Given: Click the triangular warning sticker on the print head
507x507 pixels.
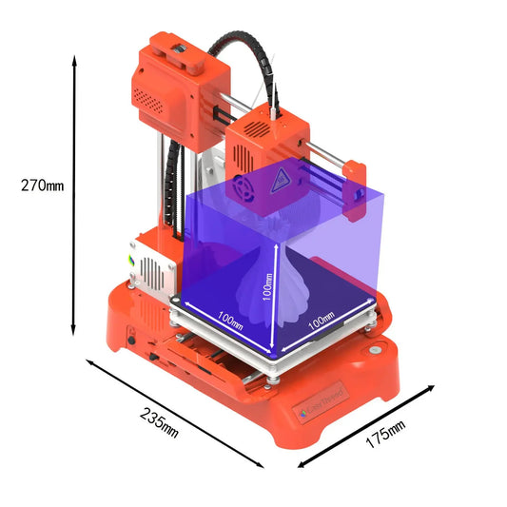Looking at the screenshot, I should point(281,174).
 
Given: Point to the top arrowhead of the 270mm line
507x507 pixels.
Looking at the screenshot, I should point(73,59).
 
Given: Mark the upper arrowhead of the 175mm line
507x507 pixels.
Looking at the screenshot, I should point(432,388).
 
